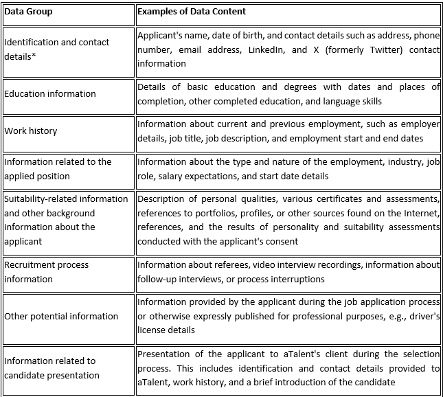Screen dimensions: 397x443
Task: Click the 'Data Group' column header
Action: pos(28,12)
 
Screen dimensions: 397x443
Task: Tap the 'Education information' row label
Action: pos(50,94)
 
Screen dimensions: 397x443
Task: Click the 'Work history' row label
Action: pos(31,131)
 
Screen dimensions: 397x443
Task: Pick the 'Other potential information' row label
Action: pos(61,317)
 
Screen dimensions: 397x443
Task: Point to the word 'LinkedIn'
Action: pos(270,50)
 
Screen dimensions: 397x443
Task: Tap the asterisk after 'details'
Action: pos(34,56)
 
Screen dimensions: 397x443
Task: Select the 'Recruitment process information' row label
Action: pos(47,272)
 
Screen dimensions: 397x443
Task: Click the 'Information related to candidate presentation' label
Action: pos(52,368)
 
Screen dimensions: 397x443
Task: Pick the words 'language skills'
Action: pos(350,101)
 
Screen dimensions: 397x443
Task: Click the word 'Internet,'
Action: pos(421,213)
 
